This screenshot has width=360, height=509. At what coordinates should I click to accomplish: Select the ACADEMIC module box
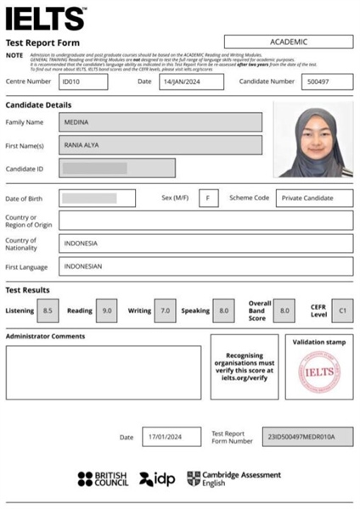click(289, 42)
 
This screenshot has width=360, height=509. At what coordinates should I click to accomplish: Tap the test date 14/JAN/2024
click(191, 81)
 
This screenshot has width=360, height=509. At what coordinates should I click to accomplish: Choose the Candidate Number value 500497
click(327, 81)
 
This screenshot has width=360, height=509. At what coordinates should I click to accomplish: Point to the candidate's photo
click(312, 139)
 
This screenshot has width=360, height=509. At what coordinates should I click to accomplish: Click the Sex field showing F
click(209, 198)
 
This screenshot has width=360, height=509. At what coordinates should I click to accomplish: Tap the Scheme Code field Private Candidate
click(313, 198)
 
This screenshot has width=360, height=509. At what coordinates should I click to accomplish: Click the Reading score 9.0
click(107, 310)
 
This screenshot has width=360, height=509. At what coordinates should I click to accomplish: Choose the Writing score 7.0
click(166, 310)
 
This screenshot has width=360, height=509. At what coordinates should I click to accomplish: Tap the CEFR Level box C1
click(342, 310)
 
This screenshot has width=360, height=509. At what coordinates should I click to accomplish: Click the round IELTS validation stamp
click(318, 374)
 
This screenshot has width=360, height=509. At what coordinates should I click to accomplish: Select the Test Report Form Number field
click(307, 437)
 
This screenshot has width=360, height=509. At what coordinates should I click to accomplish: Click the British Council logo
click(103, 479)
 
